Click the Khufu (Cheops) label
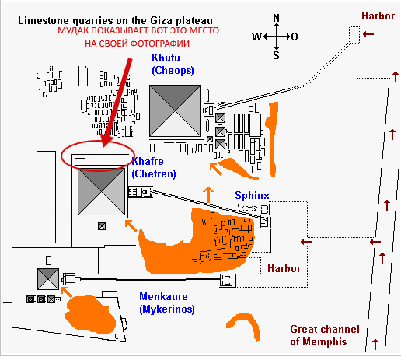[x=173, y=64]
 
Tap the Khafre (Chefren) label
[x=154, y=167]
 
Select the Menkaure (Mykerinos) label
[x=167, y=302]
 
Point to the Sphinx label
[x=252, y=195]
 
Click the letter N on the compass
[x=277, y=18]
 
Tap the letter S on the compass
[x=277, y=55]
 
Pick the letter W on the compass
[x=257, y=37]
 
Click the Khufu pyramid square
[x=176, y=111]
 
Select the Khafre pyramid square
[x=101, y=191]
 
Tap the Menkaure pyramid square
[x=48, y=279]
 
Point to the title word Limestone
[x=44, y=21]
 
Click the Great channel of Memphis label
[x=325, y=335]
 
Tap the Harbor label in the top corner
[x=378, y=16]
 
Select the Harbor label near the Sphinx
[x=284, y=268]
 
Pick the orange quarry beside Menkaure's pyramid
[x=89, y=314]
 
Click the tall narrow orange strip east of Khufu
[x=272, y=139]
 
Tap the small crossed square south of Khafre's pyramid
[x=102, y=226]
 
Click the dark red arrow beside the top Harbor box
[x=368, y=34]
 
